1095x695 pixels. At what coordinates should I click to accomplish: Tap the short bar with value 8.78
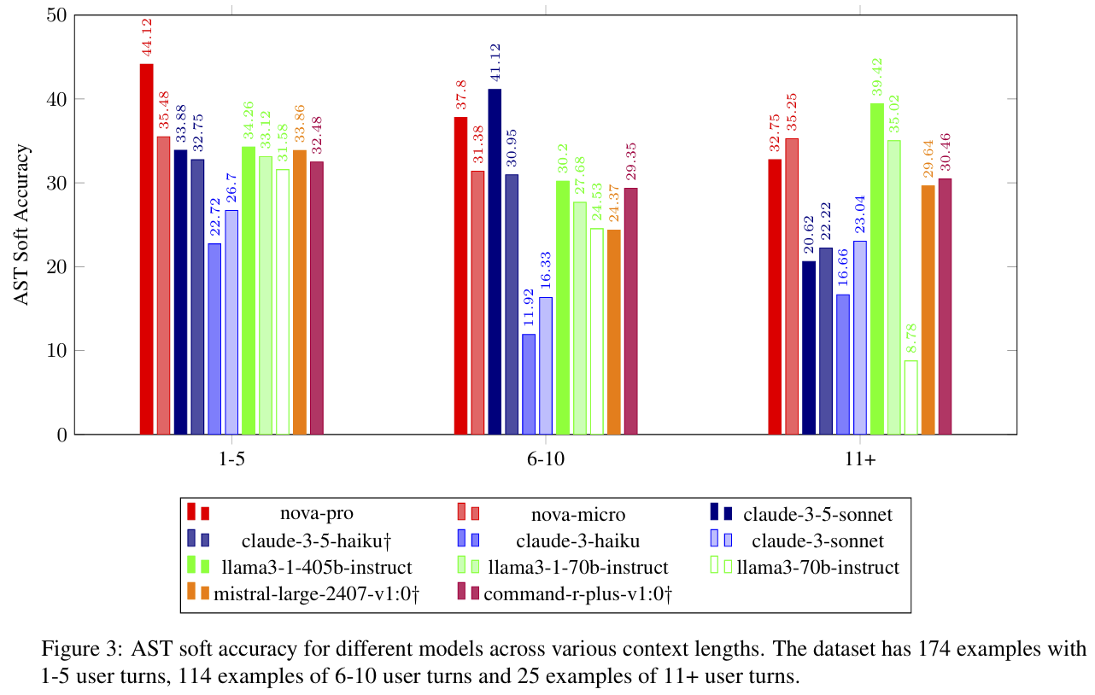click(x=911, y=398)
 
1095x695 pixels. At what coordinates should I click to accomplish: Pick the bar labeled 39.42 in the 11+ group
click(x=876, y=269)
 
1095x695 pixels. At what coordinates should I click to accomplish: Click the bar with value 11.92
click(x=529, y=384)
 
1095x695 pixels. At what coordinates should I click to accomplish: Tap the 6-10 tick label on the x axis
click(x=546, y=458)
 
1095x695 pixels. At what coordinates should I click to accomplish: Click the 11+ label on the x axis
click(x=859, y=458)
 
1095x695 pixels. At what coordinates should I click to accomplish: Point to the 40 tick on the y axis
click(x=60, y=99)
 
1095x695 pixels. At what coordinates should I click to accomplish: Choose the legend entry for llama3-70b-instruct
click(x=817, y=566)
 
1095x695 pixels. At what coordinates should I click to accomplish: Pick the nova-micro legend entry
click(x=578, y=514)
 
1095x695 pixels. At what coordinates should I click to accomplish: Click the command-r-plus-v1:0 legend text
click(x=578, y=593)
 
